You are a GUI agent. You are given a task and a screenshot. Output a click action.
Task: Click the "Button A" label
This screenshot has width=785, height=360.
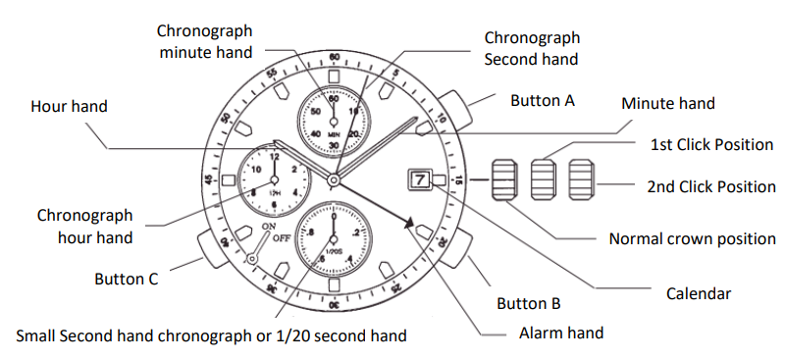(543, 100)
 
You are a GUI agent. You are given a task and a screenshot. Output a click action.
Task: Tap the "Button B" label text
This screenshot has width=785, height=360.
(528, 302)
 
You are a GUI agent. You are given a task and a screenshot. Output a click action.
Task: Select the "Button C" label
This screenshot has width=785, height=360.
(126, 279)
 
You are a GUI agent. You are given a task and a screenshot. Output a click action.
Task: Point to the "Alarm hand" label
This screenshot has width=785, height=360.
(560, 333)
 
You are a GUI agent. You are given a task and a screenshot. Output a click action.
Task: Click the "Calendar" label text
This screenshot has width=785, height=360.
(698, 292)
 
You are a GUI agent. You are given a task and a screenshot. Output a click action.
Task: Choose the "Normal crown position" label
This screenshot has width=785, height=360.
(692, 238)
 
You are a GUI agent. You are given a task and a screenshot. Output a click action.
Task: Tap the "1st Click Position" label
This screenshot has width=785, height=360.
(711, 145)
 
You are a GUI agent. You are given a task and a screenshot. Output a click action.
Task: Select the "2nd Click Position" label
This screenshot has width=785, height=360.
(711, 186)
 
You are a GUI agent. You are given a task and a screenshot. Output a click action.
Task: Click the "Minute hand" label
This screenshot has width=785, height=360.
(668, 103)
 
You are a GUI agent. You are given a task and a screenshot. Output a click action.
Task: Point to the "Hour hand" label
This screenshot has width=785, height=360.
(69, 105)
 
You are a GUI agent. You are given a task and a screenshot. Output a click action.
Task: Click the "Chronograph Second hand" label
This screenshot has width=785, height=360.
(532, 48)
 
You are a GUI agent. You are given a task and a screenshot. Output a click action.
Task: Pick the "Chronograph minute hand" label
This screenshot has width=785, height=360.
(206, 41)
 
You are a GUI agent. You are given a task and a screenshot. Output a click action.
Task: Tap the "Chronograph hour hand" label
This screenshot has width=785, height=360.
(84, 226)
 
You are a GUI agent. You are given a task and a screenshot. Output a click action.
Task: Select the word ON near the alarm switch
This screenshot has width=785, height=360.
(269, 227)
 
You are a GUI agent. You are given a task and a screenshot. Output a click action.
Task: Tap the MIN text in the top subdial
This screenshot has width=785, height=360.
(334, 133)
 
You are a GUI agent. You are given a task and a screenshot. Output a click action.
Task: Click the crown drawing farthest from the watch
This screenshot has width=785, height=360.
(582, 180)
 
